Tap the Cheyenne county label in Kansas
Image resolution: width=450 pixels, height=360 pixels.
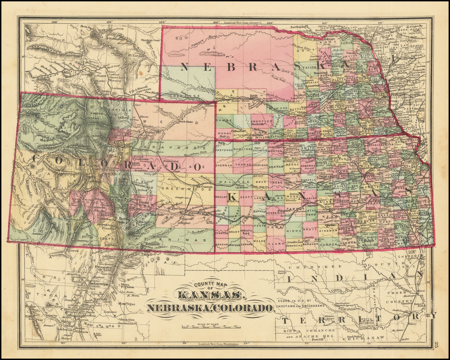coord(224,150)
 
